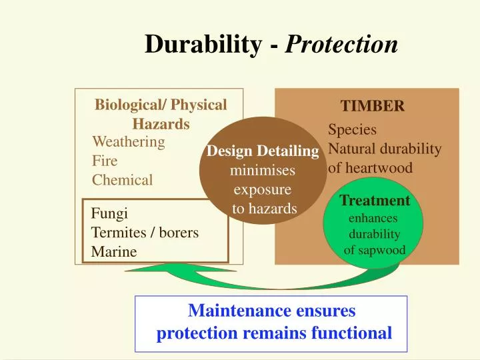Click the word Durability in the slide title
point(203,45)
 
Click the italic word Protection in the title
point(342,45)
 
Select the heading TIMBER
point(372,107)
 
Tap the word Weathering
point(128,142)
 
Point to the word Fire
point(104,161)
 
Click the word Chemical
point(122,179)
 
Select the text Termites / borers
point(145,233)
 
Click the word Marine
point(113,251)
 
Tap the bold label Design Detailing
point(263,152)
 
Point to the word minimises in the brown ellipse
point(262,171)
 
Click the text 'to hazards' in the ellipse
point(264,209)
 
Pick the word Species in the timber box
point(352,130)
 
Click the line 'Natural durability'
point(385,149)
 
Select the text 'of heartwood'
point(370,168)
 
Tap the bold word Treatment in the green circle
point(374,201)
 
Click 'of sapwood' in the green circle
point(374,251)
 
